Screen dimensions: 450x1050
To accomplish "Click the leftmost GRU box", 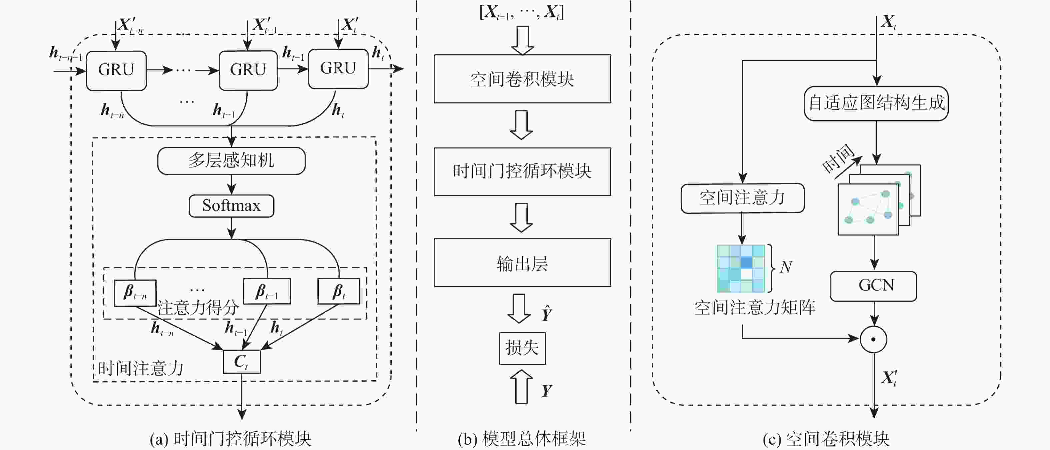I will point(116,70).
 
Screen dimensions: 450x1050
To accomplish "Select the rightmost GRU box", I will point(338,68).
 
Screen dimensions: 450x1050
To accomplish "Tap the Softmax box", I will point(231,205).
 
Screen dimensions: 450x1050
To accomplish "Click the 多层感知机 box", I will point(231,161).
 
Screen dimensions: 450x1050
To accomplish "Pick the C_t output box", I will point(242,362).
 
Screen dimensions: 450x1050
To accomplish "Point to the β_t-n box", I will point(135,292).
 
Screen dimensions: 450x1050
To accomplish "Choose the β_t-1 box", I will point(267,291).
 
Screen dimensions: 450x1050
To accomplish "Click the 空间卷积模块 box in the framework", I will point(522,79).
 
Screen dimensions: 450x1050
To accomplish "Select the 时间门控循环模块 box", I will point(522,171).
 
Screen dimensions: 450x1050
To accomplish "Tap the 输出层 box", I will point(522,263).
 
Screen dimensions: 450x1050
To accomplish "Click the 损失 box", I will point(522,348).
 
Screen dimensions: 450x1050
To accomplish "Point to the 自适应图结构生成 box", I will point(876,103).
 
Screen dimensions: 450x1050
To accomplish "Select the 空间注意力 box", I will point(742,198).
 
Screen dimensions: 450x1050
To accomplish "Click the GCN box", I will point(873,286).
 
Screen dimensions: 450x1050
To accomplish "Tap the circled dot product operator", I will point(873,339).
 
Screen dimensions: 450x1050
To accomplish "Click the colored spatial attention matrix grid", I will point(741,269).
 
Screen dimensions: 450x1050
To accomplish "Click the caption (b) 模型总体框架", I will point(522,439).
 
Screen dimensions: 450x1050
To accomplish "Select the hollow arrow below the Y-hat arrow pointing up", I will point(521,387).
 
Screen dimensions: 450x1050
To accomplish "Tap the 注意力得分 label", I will point(198,308).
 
